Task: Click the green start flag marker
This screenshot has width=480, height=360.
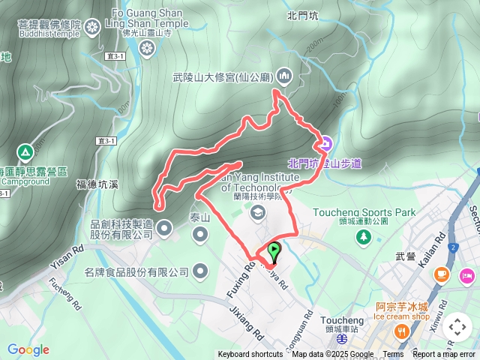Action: click(274, 251)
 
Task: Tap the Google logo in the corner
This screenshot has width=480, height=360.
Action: click(28, 349)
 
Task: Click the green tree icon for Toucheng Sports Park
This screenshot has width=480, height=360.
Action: click(364, 237)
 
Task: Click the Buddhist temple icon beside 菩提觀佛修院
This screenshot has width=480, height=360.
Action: click(91, 28)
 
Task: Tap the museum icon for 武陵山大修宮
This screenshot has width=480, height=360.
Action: click(284, 75)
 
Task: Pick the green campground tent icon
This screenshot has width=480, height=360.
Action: click(25, 153)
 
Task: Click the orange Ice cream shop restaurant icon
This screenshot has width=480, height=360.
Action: click(403, 331)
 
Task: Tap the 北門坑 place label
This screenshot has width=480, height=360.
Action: click(302, 14)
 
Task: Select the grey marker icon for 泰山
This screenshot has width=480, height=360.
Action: click(200, 214)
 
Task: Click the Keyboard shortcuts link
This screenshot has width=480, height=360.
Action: click(250, 355)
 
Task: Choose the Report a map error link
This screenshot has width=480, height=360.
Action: click(444, 355)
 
